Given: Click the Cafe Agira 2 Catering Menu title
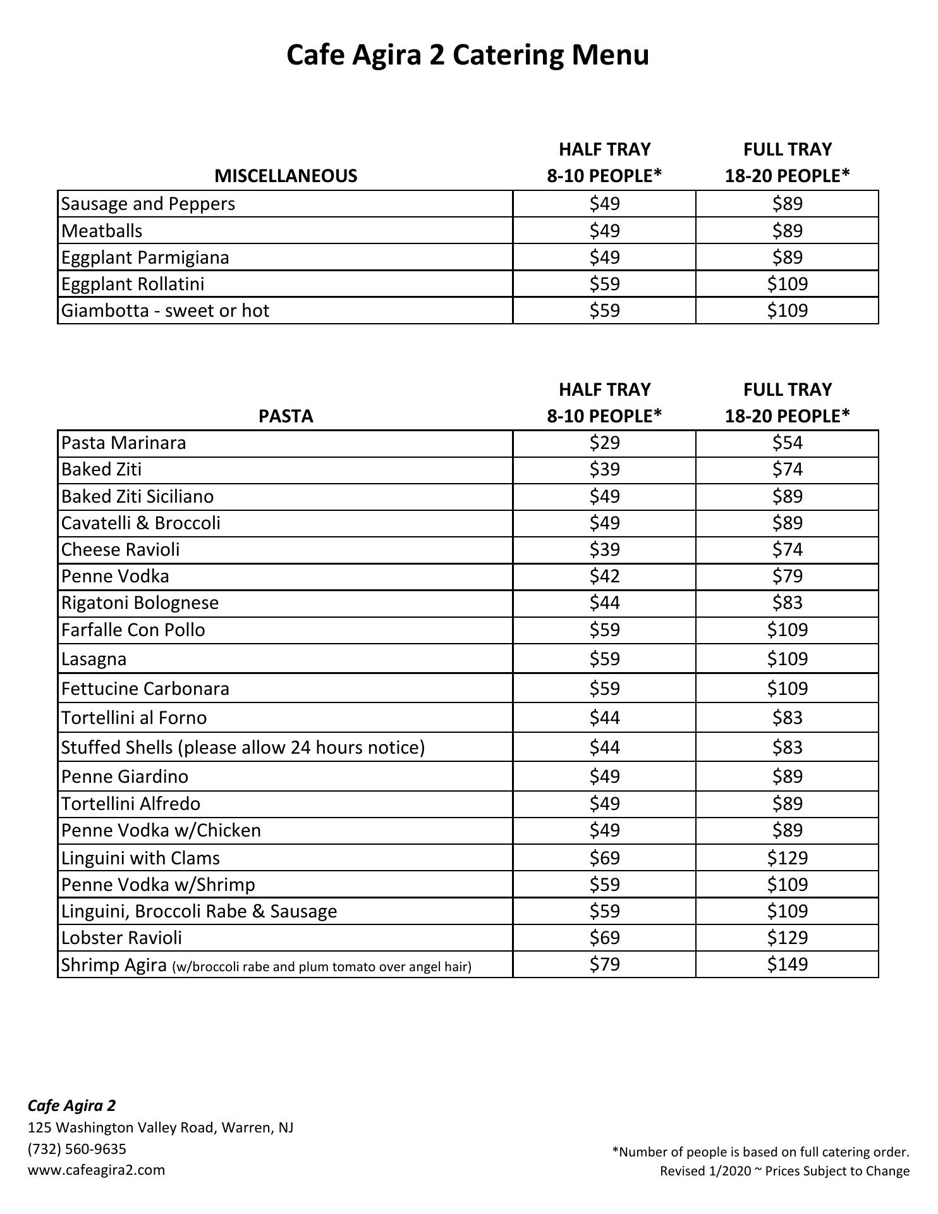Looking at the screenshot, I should (x=468, y=55).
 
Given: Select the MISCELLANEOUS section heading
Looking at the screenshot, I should (x=286, y=176).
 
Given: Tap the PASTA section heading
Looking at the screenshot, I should (x=286, y=416).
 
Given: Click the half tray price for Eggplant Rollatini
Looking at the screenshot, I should (x=604, y=284).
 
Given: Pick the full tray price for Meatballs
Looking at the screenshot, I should (x=787, y=231).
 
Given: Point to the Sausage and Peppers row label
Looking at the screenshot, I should (x=148, y=204).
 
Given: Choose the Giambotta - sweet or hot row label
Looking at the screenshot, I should (x=166, y=310).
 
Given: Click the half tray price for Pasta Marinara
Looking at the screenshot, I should (x=604, y=443).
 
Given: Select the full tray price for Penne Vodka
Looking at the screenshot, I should (x=787, y=576).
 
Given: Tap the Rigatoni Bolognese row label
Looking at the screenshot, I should (x=140, y=603).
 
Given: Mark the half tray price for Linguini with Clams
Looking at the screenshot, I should (x=604, y=858).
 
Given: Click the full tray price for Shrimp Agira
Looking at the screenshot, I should (x=787, y=964).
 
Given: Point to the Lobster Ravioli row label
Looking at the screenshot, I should (x=121, y=938).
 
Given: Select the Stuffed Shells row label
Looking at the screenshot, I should (x=243, y=747).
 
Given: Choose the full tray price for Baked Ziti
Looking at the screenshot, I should (x=787, y=469).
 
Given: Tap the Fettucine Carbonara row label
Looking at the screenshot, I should (x=145, y=689).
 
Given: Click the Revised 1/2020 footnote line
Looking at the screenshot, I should (x=784, y=1171).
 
